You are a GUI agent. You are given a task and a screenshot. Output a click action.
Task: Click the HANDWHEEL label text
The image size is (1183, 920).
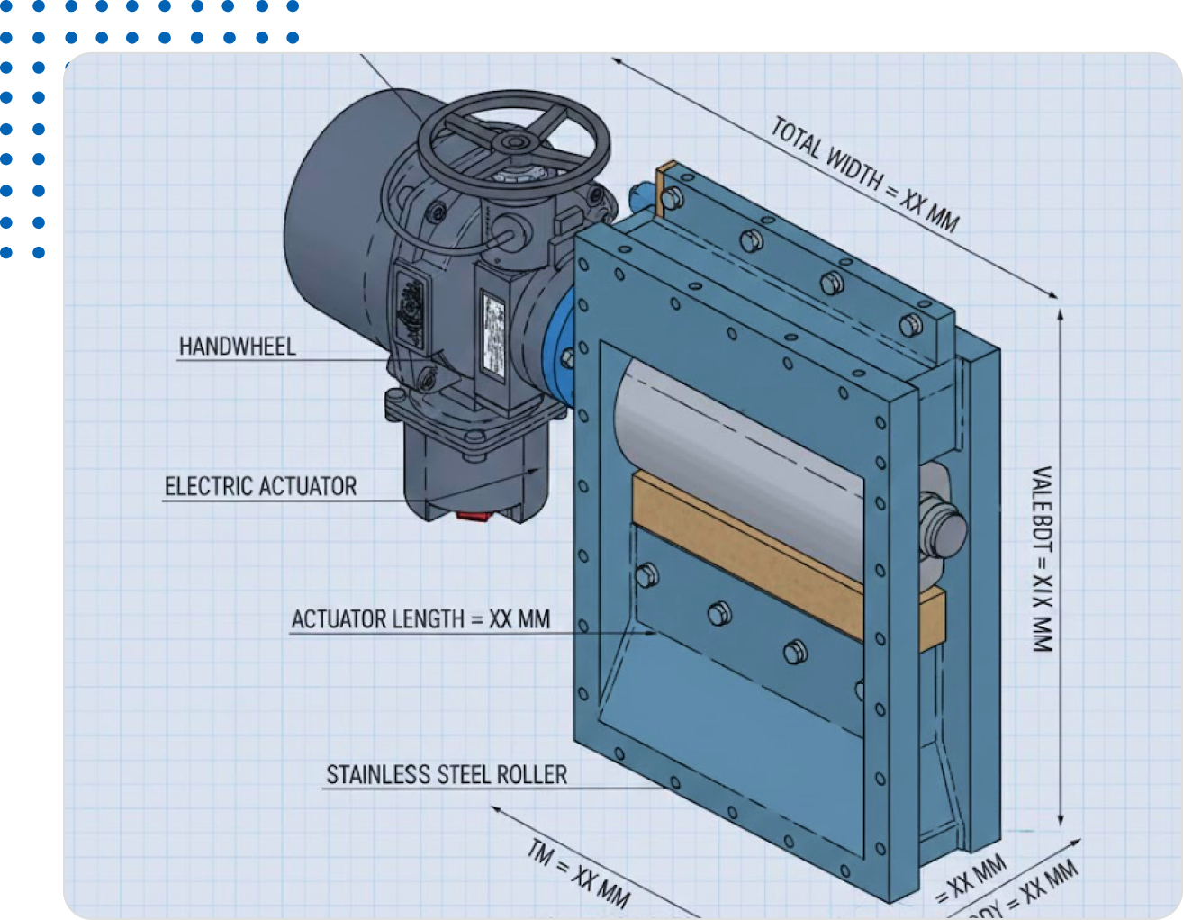pyautogui.click(x=237, y=347)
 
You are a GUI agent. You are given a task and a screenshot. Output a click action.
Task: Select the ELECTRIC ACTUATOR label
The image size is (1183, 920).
pyautogui.click(x=260, y=487)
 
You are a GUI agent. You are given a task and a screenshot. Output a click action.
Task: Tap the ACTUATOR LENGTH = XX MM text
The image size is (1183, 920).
pyautogui.click(x=420, y=619)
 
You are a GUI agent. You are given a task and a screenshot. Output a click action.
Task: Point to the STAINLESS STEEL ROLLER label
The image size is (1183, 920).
pyautogui.click(x=447, y=775)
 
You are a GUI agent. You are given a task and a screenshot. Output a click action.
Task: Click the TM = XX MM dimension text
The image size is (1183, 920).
pyautogui.click(x=578, y=872)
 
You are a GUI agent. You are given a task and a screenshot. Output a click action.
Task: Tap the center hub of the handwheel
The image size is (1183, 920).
pyautogui.click(x=516, y=142)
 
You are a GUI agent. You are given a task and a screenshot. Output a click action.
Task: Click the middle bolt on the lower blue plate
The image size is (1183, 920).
pyautogui.click(x=718, y=613)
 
